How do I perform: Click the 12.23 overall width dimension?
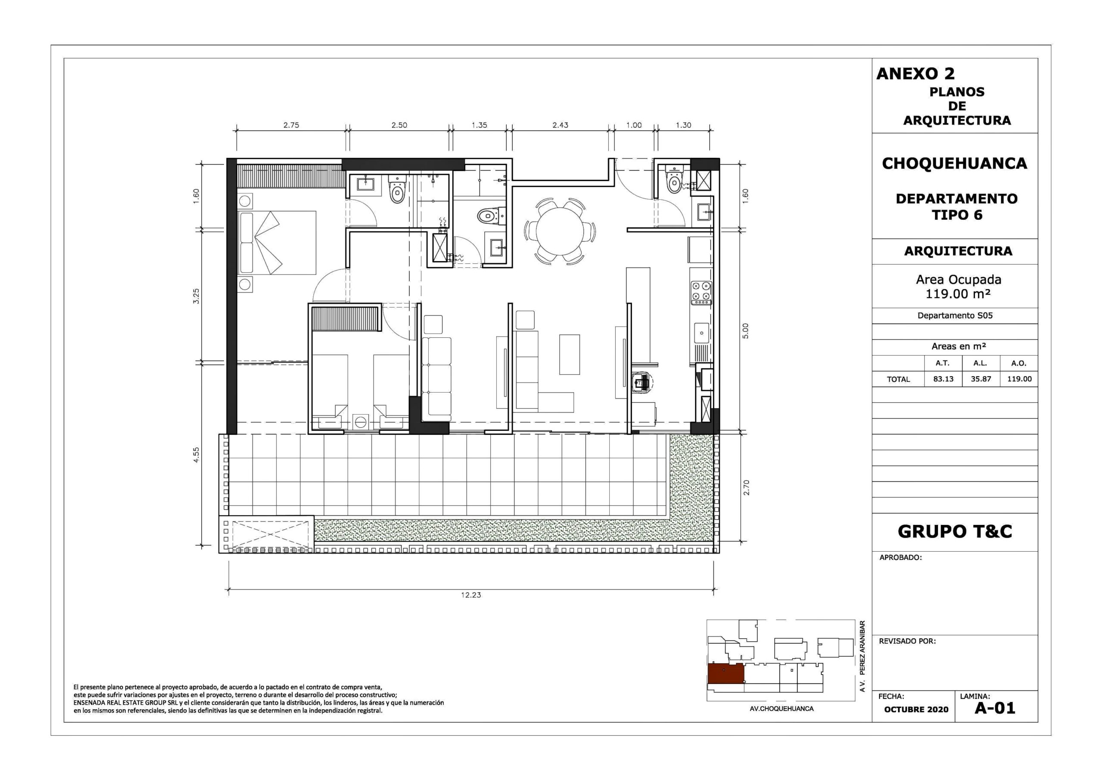click(471, 595)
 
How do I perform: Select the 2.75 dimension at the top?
click(291, 125)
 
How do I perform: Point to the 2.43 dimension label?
click(560, 125)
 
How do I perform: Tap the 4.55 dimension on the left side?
click(196, 455)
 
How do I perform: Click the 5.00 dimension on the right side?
click(745, 331)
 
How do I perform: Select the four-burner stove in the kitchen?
click(701, 293)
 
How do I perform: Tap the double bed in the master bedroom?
click(277, 243)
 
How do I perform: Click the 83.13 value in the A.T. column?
click(943, 379)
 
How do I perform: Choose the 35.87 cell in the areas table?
click(981, 379)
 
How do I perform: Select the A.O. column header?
click(1019, 363)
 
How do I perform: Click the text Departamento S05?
click(955, 316)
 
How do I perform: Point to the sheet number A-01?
click(995, 708)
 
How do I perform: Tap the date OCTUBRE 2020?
click(916, 709)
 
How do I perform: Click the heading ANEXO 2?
click(916, 74)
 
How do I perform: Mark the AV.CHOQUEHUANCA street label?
click(782, 708)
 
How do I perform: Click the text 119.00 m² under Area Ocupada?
click(958, 293)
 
